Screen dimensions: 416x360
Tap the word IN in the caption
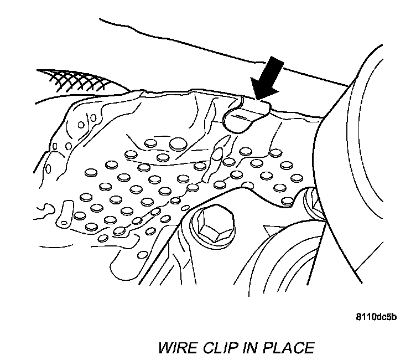click(x=246, y=348)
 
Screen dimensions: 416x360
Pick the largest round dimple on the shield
click(x=178, y=145)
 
